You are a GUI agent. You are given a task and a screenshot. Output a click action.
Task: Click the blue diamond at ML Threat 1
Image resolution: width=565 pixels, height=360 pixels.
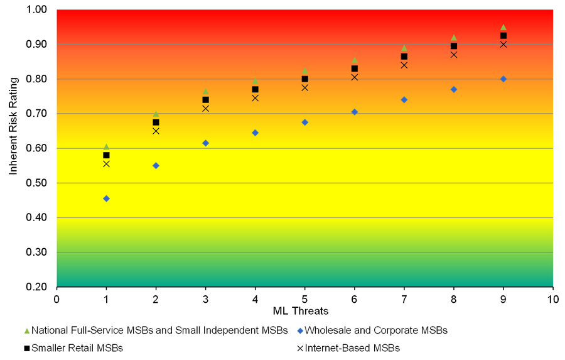106,199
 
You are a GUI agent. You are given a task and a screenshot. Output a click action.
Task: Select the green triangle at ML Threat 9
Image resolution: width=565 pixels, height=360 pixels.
503,28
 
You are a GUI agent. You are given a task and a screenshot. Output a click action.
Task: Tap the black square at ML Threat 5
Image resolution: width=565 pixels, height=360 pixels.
305,79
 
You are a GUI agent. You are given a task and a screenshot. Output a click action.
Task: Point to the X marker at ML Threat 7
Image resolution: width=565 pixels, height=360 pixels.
404,65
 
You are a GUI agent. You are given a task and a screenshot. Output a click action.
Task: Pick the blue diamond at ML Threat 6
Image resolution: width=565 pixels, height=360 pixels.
355,112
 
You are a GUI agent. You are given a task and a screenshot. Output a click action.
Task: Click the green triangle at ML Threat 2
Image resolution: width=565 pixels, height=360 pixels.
156,114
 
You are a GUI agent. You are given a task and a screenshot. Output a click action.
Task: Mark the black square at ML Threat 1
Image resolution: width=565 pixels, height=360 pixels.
106,155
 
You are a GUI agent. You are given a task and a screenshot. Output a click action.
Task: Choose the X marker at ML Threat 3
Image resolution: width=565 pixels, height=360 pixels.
205,109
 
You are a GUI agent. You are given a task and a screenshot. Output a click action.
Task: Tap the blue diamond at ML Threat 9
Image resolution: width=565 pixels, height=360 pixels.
503,79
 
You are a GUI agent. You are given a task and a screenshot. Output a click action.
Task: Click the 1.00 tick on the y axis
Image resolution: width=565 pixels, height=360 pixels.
39,10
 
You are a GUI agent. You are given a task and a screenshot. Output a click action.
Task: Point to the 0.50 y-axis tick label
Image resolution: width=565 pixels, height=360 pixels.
39,183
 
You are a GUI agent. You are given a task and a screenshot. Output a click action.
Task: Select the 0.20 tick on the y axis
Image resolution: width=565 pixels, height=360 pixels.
39,287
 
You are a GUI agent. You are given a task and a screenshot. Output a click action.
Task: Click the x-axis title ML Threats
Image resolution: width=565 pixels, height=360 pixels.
301,311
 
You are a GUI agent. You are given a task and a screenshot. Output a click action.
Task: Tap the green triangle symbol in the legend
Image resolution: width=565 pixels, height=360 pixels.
26,330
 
